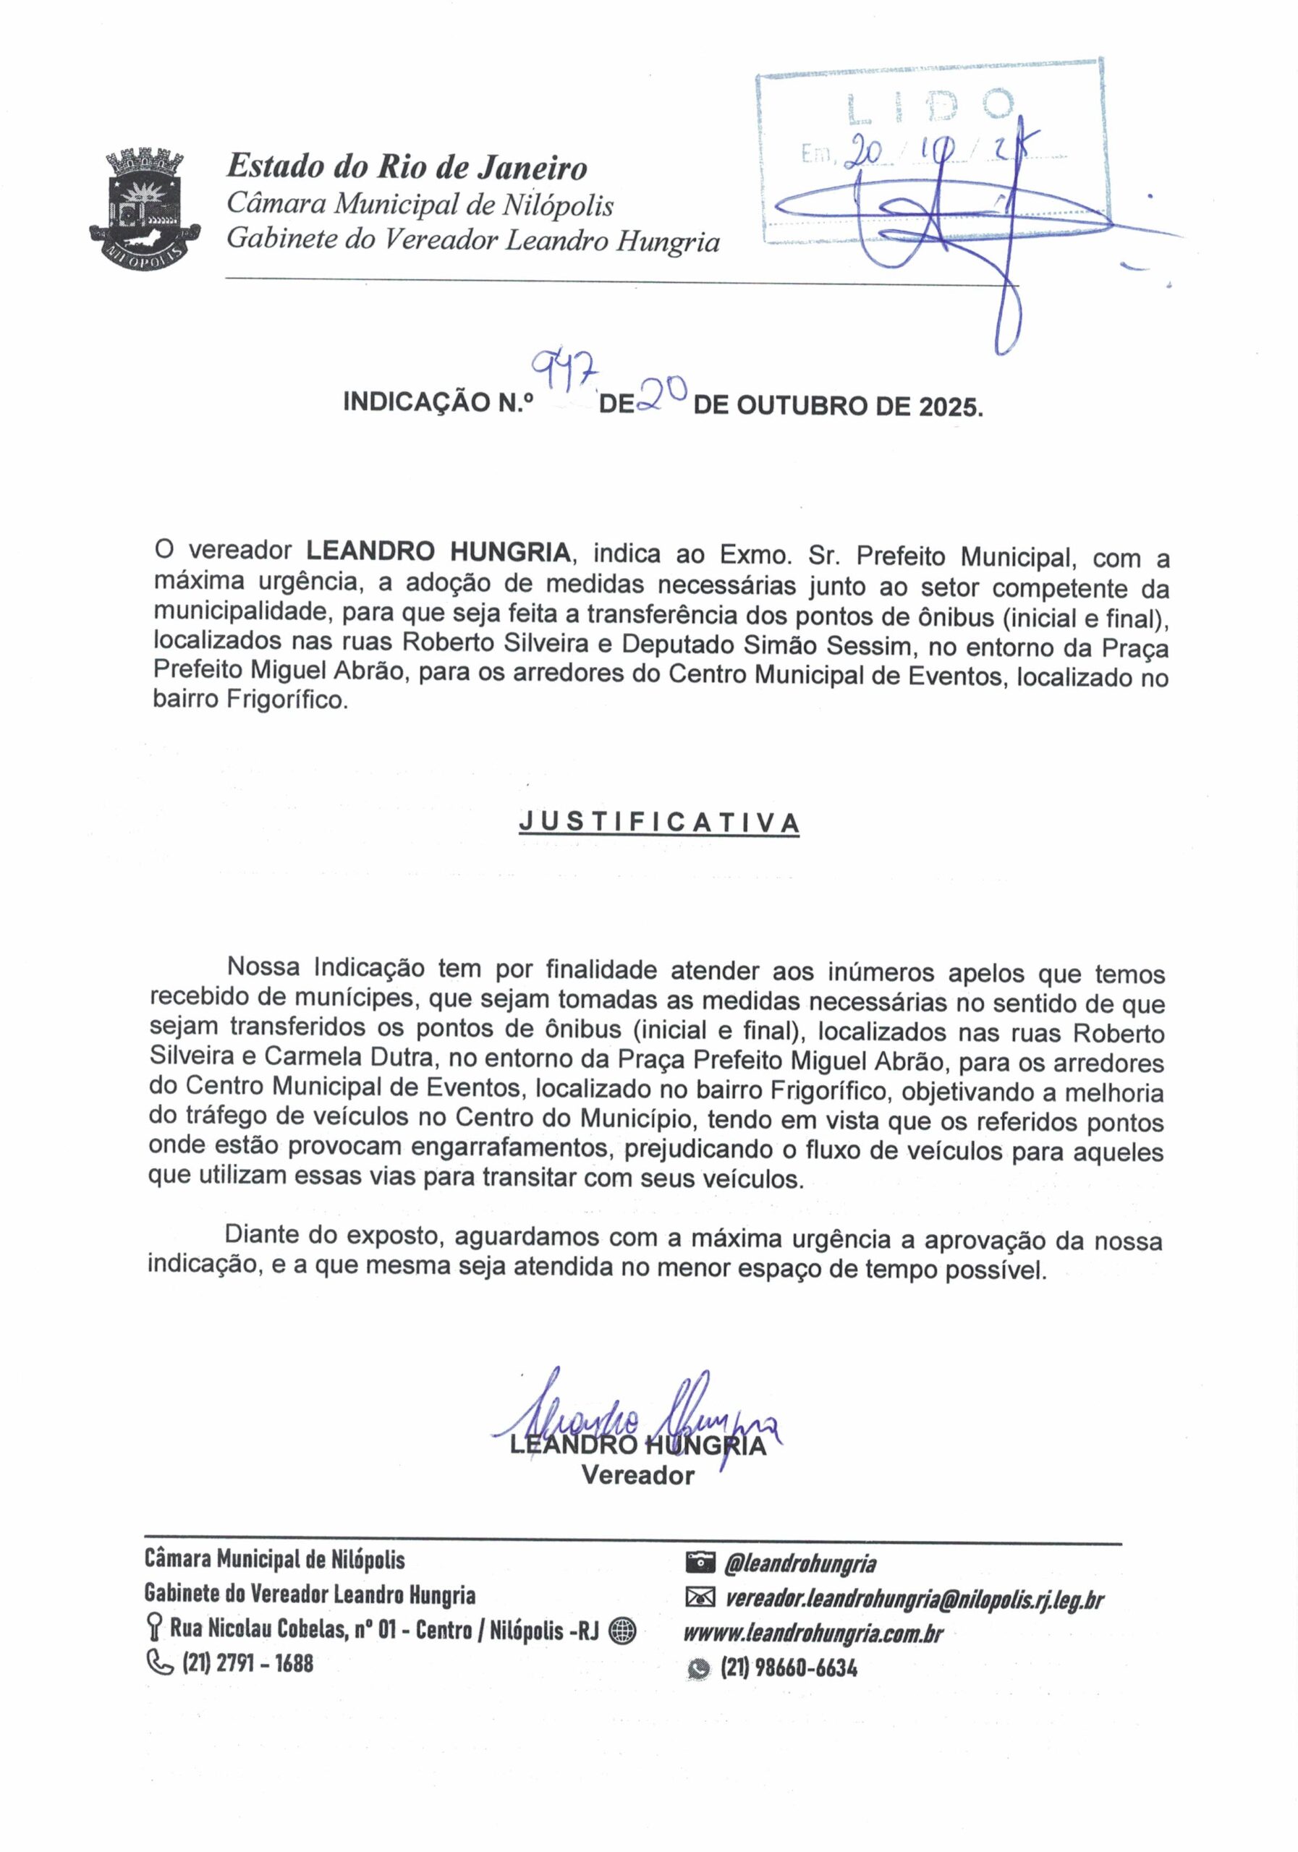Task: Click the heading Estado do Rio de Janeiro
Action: [x=407, y=167]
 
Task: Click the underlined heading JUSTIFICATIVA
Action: [x=659, y=822]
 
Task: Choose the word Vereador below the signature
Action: [x=637, y=1475]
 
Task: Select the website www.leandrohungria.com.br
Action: [x=813, y=1633]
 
